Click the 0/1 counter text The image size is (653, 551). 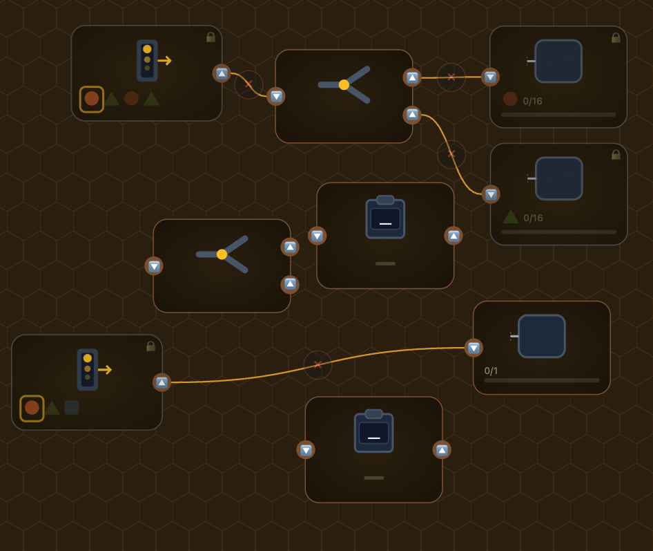tap(491, 371)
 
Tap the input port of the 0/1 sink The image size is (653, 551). tap(474, 348)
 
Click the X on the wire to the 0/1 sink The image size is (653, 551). tap(318, 364)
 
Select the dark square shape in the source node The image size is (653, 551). tap(72, 408)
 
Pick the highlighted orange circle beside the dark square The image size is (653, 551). tap(32, 408)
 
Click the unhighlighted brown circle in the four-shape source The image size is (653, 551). tap(131, 99)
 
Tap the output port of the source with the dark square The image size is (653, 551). tap(162, 382)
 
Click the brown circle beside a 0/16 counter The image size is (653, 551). tap(510, 99)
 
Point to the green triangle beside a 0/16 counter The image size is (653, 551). tap(510, 216)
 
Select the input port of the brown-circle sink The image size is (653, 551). tap(490, 77)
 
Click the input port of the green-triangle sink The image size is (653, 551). tap(491, 194)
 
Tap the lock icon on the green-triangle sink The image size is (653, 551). tap(616, 155)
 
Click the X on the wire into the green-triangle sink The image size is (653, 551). tap(451, 153)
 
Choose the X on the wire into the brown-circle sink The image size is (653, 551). tap(451, 77)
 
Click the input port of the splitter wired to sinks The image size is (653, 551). tap(276, 96)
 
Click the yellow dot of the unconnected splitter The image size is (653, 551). tap(222, 254)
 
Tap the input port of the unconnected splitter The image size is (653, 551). tap(154, 266)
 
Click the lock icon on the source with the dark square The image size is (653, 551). tap(150, 346)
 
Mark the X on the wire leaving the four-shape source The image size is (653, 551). tap(248, 84)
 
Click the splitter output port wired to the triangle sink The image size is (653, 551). tap(412, 114)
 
